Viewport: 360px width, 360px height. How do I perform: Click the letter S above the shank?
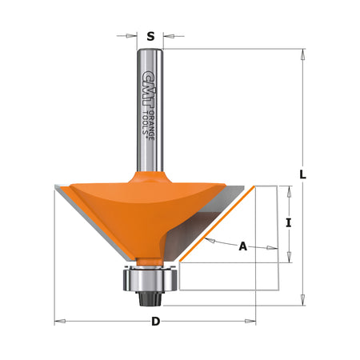pyautogui.click(x=150, y=36)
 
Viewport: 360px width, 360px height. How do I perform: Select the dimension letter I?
pyautogui.click(x=287, y=224)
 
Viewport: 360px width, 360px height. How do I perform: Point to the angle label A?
pyautogui.click(x=243, y=247)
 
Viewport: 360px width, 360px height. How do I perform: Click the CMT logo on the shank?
pyautogui.click(x=146, y=84)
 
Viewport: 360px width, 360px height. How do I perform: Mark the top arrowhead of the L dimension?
pyautogui.click(x=303, y=54)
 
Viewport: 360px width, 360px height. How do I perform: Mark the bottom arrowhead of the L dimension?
pyautogui.click(x=303, y=302)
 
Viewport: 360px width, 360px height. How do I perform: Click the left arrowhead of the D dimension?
pyautogui.click(x=58, y=322)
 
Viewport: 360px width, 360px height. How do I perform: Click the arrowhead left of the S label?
pyautogui.click(x=133, y=35)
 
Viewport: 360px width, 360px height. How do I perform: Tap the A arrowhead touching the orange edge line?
pyautogui.click(x=207, y=239)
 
